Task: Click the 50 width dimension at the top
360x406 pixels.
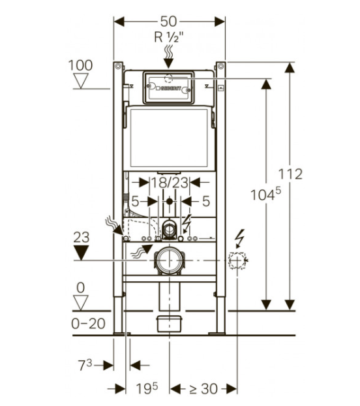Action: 169,22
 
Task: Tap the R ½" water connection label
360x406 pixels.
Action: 169,37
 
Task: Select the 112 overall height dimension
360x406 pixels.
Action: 290,174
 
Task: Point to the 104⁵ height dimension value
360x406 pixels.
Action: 265,195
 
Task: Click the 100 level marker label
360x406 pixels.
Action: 80,65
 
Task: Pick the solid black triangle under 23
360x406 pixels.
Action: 82,253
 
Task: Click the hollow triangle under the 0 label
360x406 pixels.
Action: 81,302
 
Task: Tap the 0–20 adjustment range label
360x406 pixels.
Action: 89,324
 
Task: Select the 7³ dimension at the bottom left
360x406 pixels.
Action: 85,366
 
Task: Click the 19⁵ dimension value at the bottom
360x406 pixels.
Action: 147,388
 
